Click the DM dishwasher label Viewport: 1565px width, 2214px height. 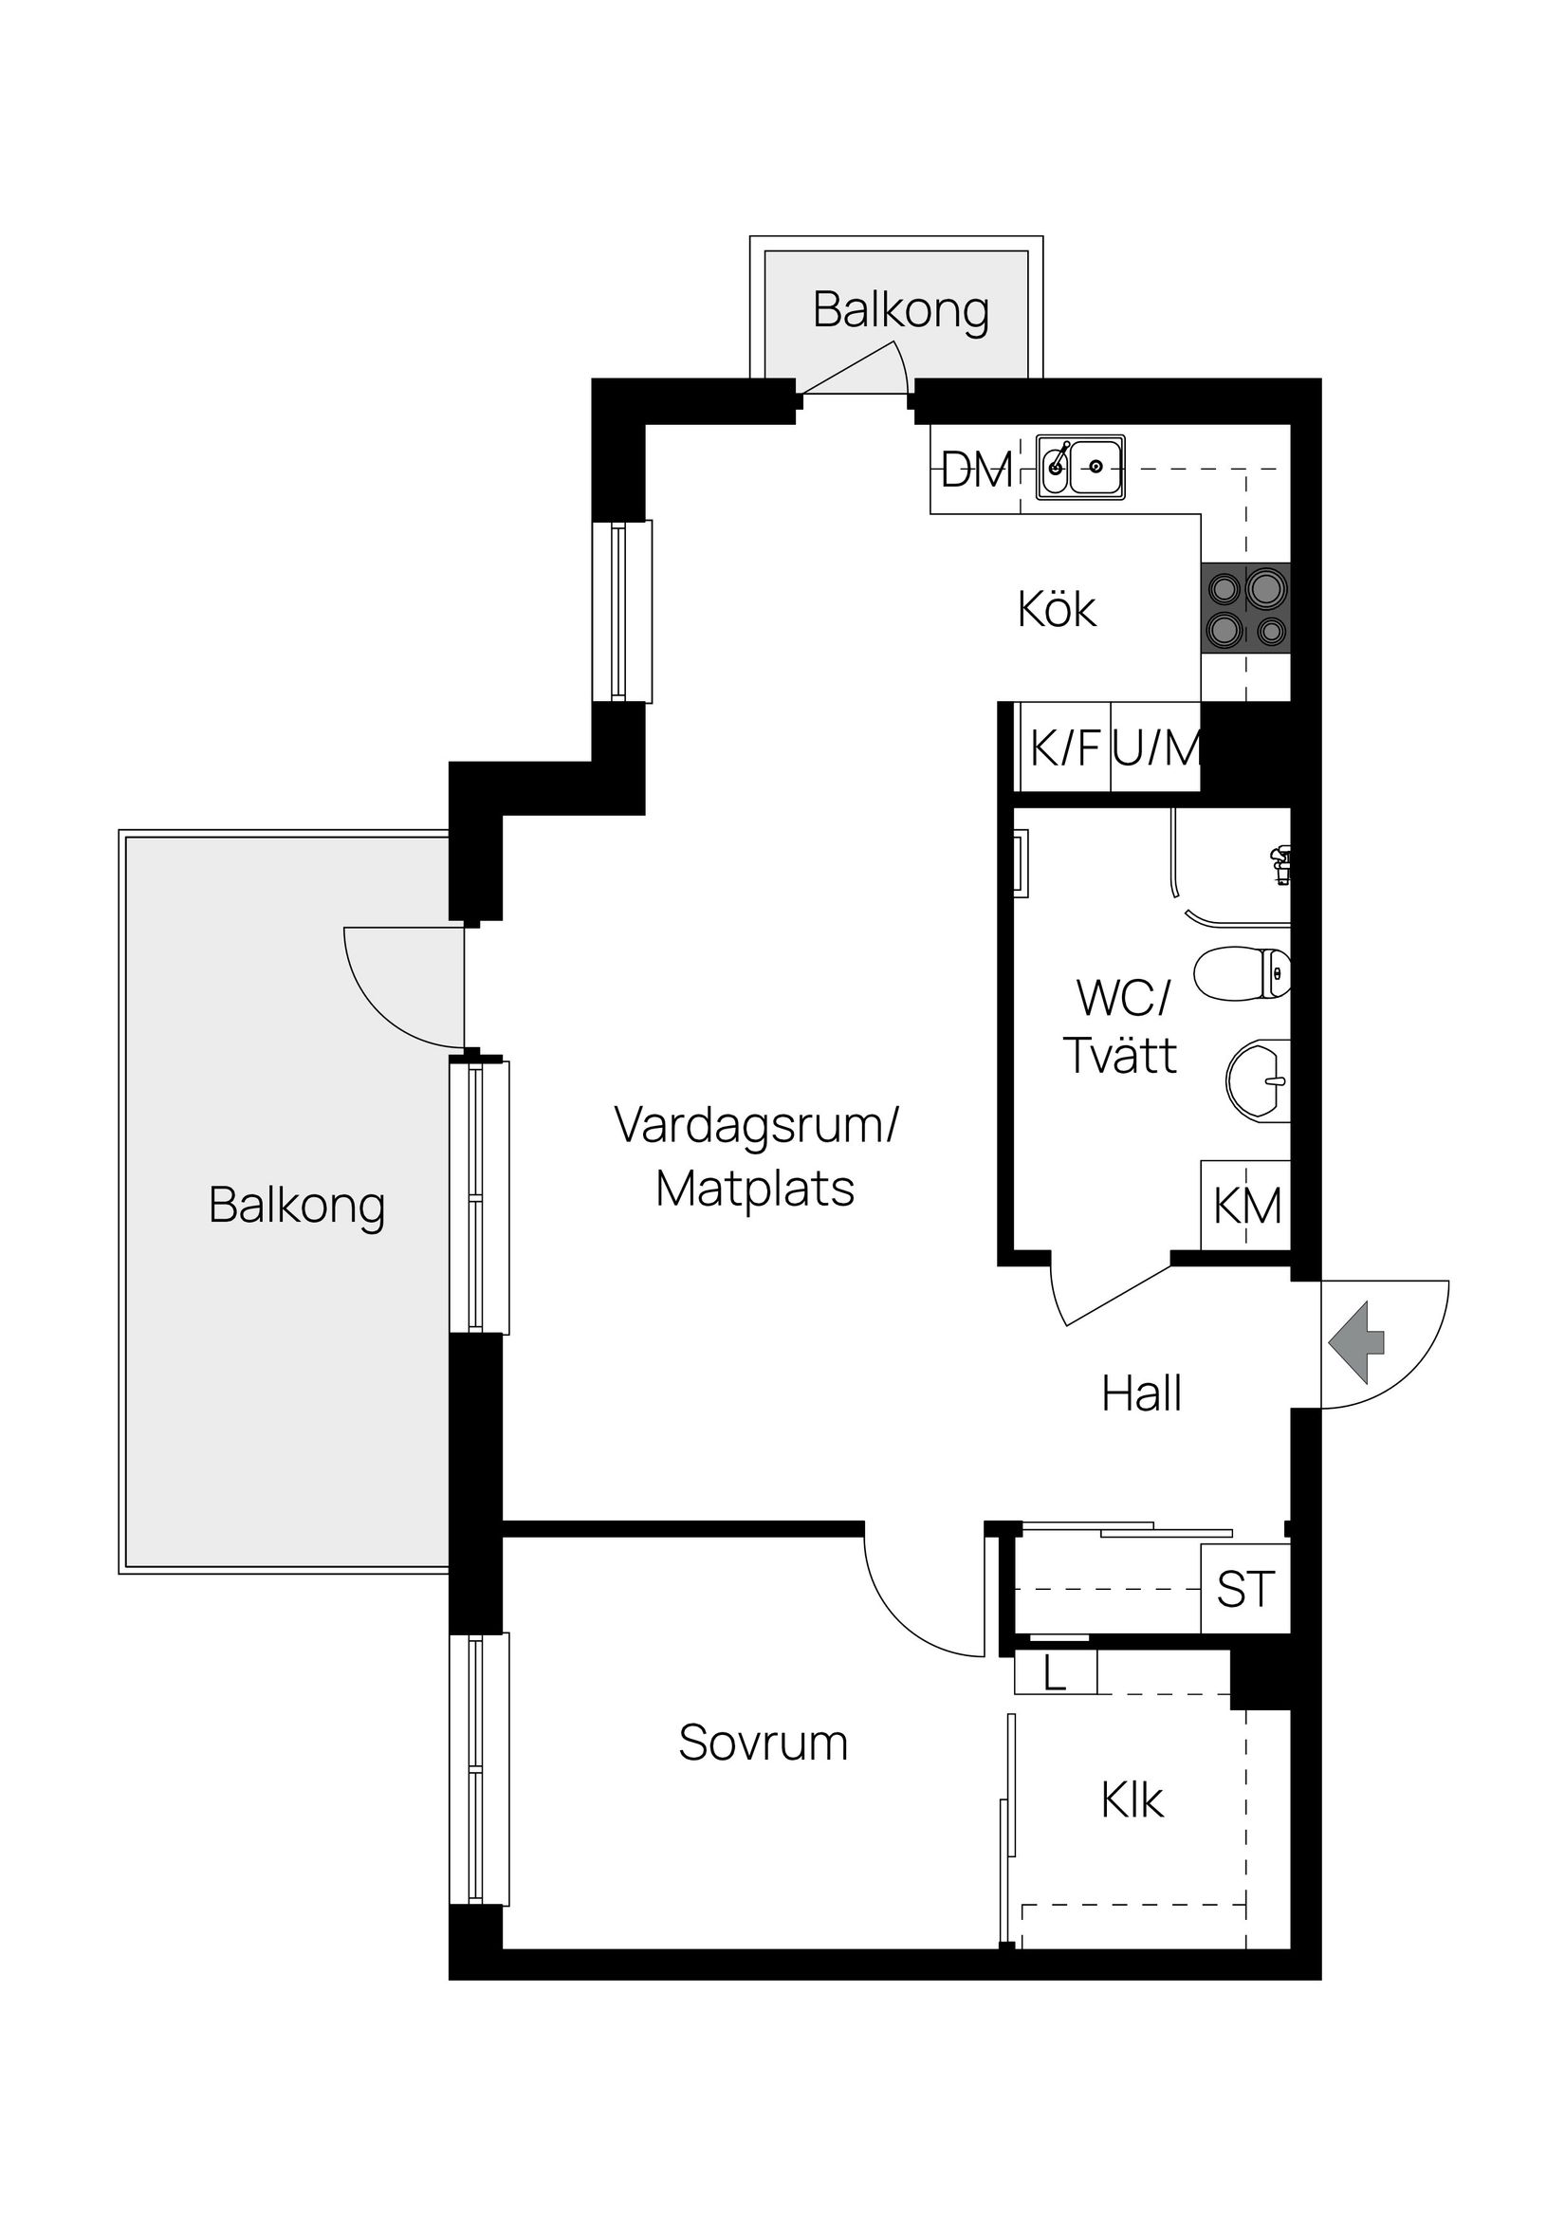pyautogui.click(x=976, y=470)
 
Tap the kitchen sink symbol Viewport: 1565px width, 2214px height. pyautogui.click(x=1080, y=468)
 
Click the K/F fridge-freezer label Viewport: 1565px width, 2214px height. pyautogui.click(x=1064, y=748)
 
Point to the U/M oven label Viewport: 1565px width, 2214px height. pyautogui.click(x=1156, y=748)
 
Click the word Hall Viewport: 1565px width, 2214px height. pyautogui.click(x=1141, y=1394)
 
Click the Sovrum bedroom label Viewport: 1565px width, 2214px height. pyautogui.click(x=763, y=1743)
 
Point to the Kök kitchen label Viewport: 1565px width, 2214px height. pyautogui.click(x=1057, y=610)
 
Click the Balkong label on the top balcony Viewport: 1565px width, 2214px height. pyautogui.click(x=901, y=310)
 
